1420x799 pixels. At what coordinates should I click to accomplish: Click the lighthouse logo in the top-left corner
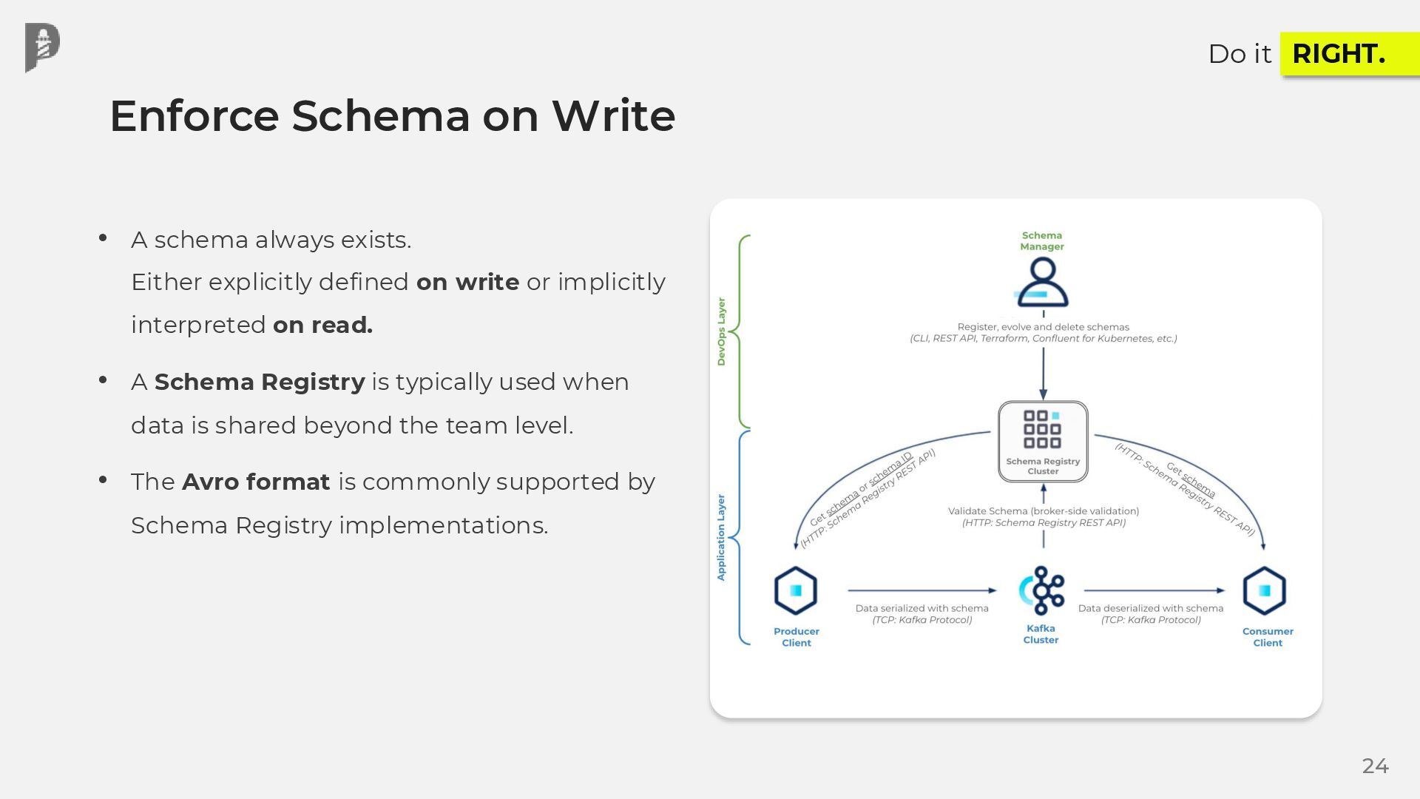pos(42,47)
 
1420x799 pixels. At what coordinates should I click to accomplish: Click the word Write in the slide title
pos(613,116)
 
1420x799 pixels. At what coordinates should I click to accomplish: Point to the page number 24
pos(1375,766)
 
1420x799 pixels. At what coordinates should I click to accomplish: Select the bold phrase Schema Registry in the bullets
pos(260,382)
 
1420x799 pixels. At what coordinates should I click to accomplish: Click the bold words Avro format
pos(256,482)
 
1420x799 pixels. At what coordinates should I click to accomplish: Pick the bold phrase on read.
pos(322,325)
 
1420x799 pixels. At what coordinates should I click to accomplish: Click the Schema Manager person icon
pos(1042,282)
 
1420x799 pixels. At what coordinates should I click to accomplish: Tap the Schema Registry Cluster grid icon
pos(1042,429)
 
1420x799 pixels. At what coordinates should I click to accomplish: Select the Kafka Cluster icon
pos(1042,590)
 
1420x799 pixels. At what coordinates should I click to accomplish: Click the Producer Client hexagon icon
pos(796,590)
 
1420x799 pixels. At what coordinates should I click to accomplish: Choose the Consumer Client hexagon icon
pos(1264,590)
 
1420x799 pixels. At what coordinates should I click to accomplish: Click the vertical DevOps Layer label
pos(721,331)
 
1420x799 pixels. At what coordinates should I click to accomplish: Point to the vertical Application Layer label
pos(721,537)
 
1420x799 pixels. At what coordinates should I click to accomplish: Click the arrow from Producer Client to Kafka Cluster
pos(922,590)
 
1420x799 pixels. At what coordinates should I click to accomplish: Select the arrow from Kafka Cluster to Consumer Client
pos(1154,590)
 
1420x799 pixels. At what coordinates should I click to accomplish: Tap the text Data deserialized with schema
pos(1151,608)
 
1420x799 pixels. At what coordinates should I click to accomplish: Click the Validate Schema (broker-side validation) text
pos(1044,510)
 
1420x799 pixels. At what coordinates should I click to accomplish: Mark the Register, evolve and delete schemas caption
pos(1043,326)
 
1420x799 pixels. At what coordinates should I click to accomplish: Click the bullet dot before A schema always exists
pos(103,238)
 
